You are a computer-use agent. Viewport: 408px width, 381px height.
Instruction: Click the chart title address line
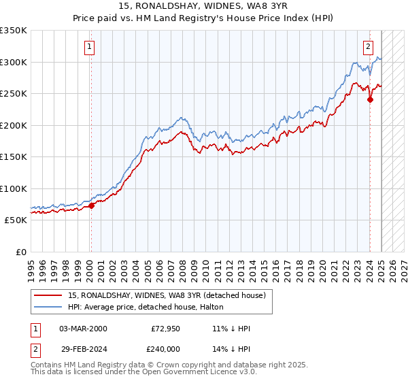pos(203,7)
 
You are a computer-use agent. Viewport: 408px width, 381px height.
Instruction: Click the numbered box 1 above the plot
pos(90,47)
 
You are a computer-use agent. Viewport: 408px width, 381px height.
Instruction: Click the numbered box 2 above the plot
pos(368,47)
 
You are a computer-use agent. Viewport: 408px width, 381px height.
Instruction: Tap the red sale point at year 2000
pos(91,205)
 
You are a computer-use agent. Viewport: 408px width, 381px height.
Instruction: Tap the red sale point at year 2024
pos(370,99)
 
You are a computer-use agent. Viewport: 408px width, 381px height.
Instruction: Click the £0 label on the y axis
pos(22,252)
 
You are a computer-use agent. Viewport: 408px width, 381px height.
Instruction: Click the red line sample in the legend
pos(48,295)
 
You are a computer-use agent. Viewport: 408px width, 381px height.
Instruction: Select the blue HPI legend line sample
pos(48,307)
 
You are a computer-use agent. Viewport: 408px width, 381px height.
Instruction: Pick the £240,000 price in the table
pos(165,348)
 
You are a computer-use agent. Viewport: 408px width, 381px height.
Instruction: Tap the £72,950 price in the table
pos(165,329)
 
